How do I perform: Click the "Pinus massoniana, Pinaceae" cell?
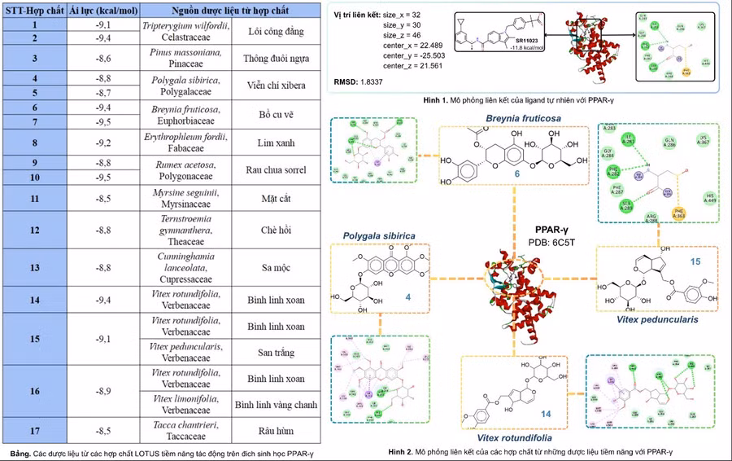(x=190, y=58)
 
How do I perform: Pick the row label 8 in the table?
(x=34, y=142)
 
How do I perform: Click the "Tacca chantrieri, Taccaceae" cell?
(x=190, y=430)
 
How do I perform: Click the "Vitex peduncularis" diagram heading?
(x=659, y=320)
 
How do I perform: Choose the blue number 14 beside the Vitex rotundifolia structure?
(x=546, y=415)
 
